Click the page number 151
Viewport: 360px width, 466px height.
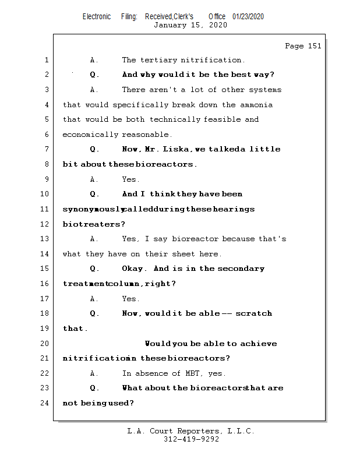[313, 46]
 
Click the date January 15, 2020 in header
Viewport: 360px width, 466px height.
[190, 25]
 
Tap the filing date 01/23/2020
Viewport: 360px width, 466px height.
[248, 16]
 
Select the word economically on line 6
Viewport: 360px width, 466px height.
[90, 135]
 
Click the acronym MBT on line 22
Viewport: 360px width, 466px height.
[193, 373]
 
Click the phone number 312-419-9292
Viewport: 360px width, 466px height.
[191, 440]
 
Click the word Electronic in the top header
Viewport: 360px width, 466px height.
[97, 16]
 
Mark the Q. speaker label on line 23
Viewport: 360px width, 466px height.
[95, 388]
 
